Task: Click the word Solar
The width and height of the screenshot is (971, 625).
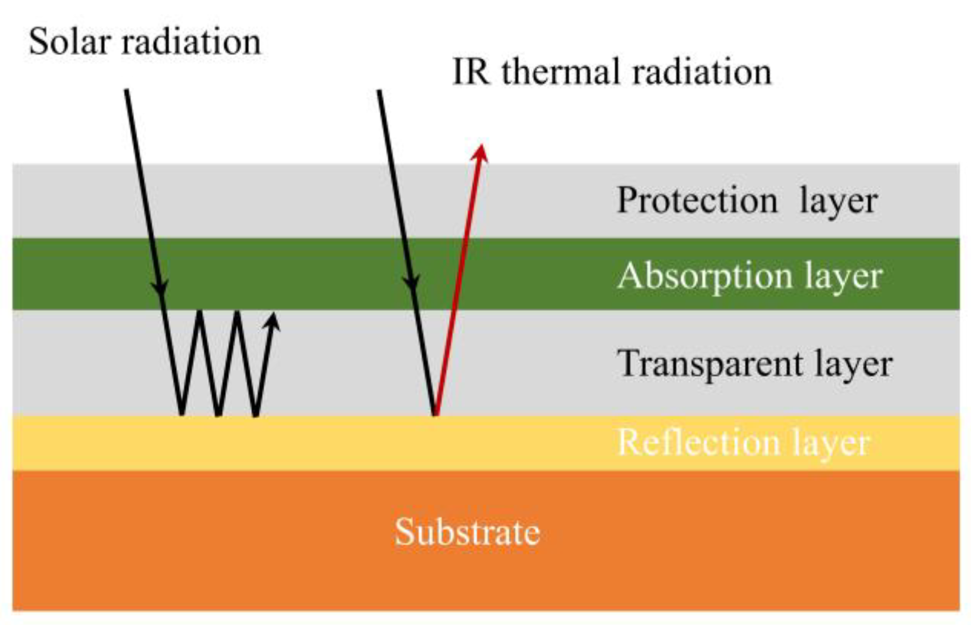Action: click(x=68, y=41)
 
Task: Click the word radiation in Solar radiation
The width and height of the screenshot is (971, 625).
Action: click(x=191, y=41)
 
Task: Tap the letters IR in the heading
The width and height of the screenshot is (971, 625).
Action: click(x=471, y=71)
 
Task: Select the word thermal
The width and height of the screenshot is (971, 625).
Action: click(x=560, y=71)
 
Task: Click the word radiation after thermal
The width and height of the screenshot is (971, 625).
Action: click(x=702, y=71)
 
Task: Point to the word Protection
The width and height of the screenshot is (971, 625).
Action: click(x=697, y=200)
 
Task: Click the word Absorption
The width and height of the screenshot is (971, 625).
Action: click(x=705, y=276)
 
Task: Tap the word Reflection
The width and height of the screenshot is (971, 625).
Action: click(x=699, y=441)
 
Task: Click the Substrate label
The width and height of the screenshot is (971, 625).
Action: click(x=467, y=532)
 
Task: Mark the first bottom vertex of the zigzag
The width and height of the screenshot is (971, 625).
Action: click(x=181, y=414)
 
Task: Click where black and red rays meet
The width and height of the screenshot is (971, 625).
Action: click(x=435, y=414)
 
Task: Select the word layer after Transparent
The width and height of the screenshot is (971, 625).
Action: click(x=853, y=364)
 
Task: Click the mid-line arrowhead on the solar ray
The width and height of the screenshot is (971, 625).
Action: click(x=161, y=289)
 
